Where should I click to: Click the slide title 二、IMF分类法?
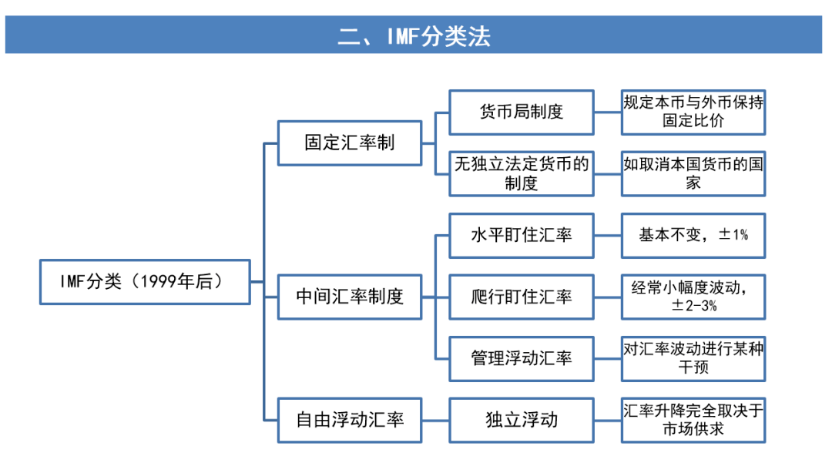(414, 35)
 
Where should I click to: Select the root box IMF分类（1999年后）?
(145, 281)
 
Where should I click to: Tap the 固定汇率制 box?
(350, 143)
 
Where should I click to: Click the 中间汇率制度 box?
(350, 297)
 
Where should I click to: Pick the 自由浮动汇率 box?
(350, 420)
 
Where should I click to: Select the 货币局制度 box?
(522, 112)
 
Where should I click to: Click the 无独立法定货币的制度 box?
(522, 173)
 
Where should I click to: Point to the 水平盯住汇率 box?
(522, 235)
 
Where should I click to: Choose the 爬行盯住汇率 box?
(522, 297)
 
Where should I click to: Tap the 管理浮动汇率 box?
(522, 358)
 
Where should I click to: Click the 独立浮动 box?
(522, 420)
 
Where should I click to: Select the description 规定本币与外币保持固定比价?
(693, 112)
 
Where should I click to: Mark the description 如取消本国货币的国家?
(693, 173)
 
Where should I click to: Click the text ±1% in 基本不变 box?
(733, 235)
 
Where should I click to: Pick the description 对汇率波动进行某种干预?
(693, 358)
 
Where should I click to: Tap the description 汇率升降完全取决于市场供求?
(693, 420)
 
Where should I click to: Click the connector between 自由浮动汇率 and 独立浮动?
(435, 420)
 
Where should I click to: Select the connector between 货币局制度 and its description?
(608, 112)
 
